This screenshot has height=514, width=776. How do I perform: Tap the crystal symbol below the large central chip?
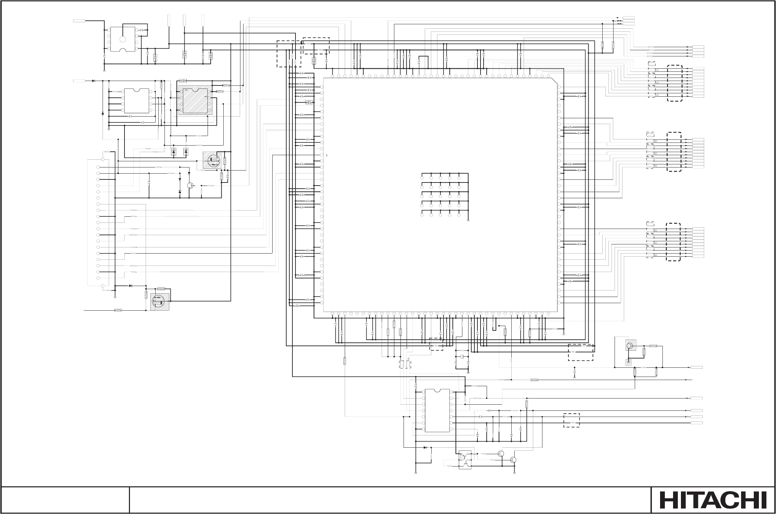coord(462,357)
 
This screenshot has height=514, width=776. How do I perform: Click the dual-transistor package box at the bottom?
coord(465,460)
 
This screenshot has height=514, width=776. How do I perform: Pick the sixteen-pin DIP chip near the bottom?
coord(437,410)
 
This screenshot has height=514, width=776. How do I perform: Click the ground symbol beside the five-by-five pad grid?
coord(468,221)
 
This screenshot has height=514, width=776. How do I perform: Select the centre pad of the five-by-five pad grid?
coord(440,197)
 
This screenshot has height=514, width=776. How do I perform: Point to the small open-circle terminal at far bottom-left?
coord(84,311)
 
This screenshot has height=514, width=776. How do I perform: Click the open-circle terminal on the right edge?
coord(692,380)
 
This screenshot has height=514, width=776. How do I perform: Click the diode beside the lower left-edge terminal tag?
coord(93,81)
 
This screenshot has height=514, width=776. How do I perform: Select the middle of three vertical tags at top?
coord(184,20)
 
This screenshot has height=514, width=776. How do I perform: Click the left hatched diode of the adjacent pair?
coord(173,151)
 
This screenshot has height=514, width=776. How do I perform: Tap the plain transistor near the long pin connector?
coord(190,185)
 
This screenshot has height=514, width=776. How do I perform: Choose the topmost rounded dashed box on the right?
coord(674,83)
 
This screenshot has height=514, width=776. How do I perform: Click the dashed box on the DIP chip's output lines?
coord(571,420)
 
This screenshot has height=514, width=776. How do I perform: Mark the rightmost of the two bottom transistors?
coord(513,460)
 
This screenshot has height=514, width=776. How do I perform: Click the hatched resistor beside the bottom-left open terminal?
coord(118,311)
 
